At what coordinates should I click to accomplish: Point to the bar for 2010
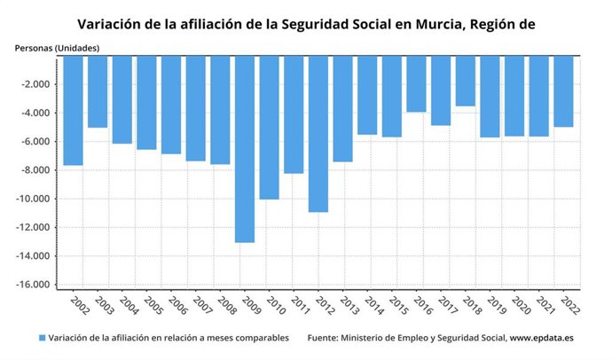(x=269, y=128)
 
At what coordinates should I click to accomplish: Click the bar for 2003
(x=98, y=92)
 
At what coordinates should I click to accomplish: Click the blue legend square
(x=42, y=338)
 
